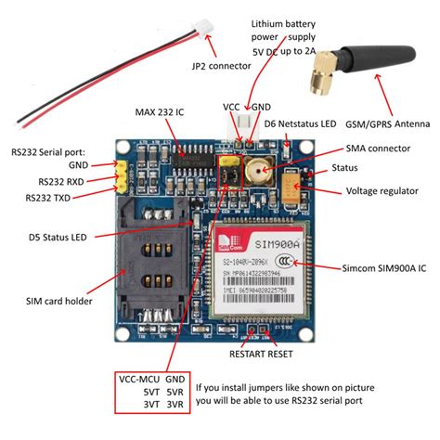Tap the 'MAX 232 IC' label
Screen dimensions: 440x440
(161, 112)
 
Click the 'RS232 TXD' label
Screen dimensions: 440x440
(51, 198)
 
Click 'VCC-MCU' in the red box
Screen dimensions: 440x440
(142, 382)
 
